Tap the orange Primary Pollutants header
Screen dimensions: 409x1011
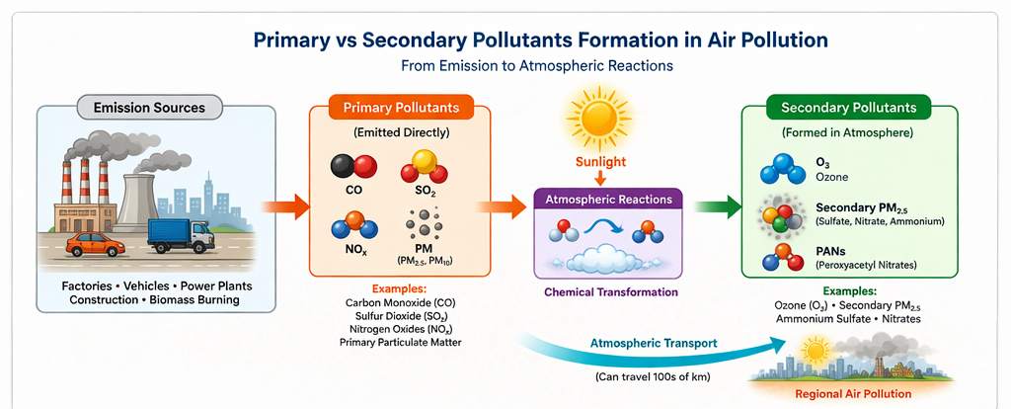(394, 107)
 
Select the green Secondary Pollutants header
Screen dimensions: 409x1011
(849, 107)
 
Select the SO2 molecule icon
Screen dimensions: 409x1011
(424, 165)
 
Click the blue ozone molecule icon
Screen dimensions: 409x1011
(782, 169)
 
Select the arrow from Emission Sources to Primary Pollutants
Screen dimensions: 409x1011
(280, 206)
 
